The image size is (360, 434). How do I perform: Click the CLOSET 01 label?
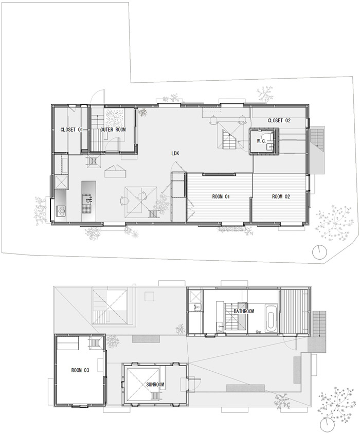tap(71, 130)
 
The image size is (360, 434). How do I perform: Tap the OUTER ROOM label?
tap(113, 130)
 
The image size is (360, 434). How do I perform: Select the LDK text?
tap(175, 153)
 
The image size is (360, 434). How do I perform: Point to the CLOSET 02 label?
tap(279, 120)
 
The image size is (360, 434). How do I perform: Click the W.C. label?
tap(261, 141)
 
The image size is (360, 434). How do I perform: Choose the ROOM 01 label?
tap(221, 196)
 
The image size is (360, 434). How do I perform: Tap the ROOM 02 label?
tap(281, 196)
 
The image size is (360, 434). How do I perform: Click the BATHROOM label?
tap(244, 312)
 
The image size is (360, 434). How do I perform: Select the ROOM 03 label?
tap(80, 370)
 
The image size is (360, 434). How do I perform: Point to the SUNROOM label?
tap(155, 385)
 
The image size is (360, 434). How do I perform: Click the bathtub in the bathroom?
tap(271, 318)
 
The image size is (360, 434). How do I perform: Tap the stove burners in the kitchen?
tap(61, 211)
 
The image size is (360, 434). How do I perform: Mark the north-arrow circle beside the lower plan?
tap(327, 425)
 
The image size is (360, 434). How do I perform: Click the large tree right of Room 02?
tap(335, 222)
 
